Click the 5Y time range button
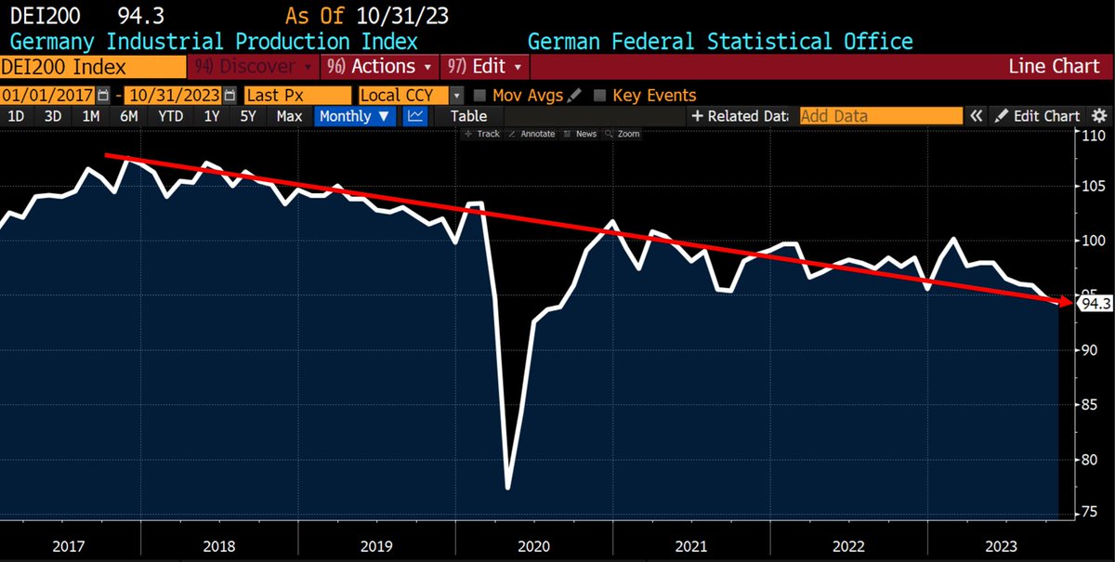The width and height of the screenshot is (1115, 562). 248,116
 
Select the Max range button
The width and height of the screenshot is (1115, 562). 289,116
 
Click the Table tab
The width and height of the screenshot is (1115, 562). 468,116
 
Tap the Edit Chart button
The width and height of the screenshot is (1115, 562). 1037,116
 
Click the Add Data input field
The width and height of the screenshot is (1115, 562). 880,116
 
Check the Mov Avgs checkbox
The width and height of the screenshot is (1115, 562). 480,95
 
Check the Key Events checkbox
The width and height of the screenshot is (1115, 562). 599,95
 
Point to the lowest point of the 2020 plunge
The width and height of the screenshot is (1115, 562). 508,488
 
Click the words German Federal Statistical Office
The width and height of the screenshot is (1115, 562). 719,42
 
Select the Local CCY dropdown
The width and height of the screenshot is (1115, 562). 410,95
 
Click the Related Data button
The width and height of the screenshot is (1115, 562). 739,116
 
